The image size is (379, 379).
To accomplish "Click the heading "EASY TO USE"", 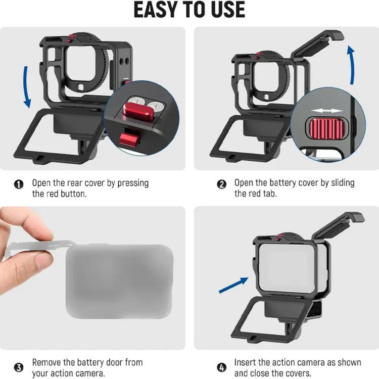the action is [189, 10].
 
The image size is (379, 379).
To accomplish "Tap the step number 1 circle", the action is [19, 184].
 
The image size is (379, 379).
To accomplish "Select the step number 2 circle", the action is [222, 184].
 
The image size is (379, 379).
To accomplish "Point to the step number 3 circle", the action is [19, 368].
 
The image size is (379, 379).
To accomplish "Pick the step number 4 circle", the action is [222, 368].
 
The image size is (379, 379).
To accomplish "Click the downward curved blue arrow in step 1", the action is [25, 87].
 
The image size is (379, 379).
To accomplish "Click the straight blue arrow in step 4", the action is [233, 285].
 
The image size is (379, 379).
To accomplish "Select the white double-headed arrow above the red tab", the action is [327, 111].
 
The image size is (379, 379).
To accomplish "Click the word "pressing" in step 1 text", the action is [133, 183].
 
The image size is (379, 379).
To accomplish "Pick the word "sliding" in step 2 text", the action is [343, 183].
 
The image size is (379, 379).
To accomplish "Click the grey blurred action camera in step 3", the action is [119, 281].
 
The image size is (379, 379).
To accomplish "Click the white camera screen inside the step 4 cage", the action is [287, 268].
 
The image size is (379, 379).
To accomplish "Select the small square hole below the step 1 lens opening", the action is [80, 86].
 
